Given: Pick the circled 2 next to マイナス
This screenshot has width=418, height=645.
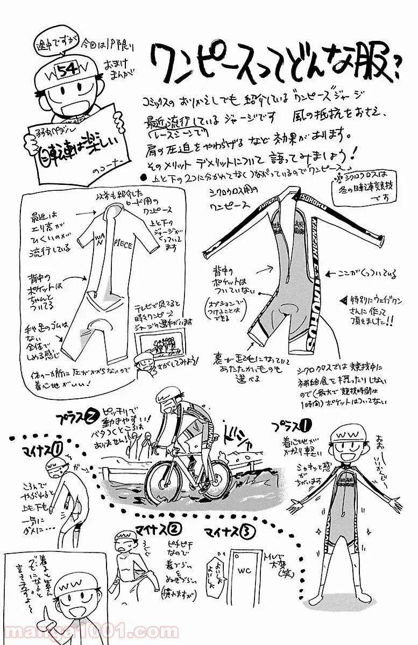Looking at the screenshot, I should (x=173, y=529).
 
